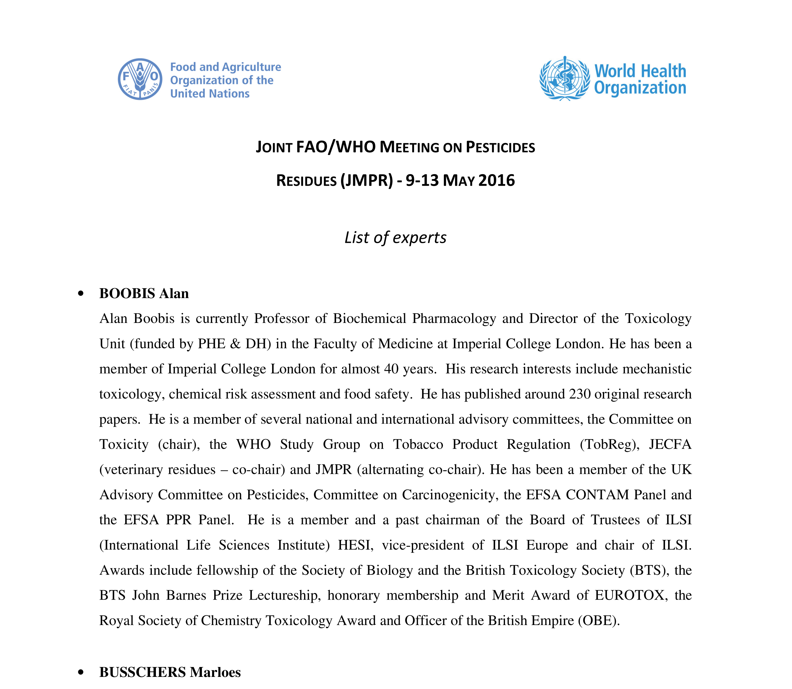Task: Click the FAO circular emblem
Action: coord(140,79)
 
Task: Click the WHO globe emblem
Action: coord(564,79)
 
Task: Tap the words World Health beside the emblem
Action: coord(640,71)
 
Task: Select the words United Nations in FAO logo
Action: coord(210,93)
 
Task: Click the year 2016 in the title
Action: coord(496,180)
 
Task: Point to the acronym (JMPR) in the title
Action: coord(366,180)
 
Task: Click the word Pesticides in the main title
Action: coord(500,147)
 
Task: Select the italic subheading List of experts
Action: coord(395,238)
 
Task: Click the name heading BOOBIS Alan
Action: coord(144,293)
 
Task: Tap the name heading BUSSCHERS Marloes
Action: coord(170,672)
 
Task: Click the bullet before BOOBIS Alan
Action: coord(80,294)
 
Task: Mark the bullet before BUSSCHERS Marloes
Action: coord(80,673)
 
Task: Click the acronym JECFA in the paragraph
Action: coord(670,444)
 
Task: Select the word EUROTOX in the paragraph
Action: coord(630,595)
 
